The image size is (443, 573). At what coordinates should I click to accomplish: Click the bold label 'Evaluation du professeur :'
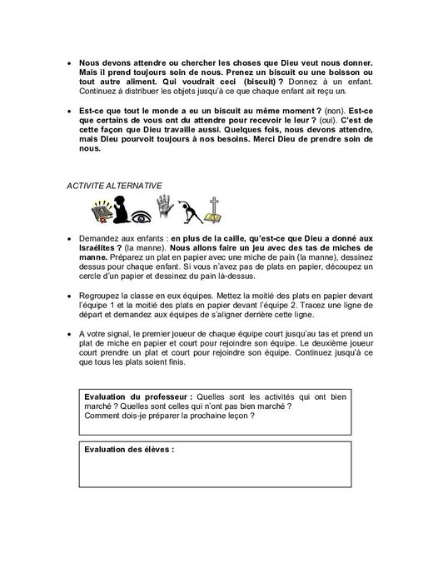(139, 396)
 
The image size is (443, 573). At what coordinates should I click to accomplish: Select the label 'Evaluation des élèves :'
(129, 448)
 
